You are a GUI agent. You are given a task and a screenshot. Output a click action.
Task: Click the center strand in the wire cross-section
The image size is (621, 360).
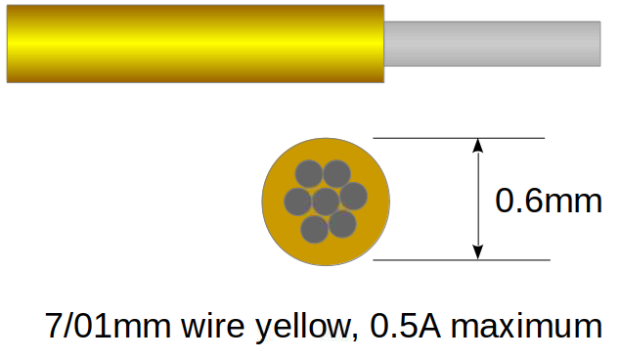pos(326,202)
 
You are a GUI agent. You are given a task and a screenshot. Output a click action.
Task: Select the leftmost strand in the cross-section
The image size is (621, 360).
pos(298,202)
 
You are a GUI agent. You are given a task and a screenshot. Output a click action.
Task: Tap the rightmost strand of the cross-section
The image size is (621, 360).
pos(353,196)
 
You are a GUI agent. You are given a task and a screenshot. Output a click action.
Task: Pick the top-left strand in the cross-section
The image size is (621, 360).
pos(308,173)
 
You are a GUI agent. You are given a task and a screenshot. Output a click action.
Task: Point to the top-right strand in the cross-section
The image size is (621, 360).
pos(337,173)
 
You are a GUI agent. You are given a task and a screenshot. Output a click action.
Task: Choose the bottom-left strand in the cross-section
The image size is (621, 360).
pos(314,229)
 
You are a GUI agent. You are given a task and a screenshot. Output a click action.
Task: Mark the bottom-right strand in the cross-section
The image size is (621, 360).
pos(342,224)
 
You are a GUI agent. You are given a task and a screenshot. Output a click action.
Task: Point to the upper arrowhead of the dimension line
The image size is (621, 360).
pos(478,147)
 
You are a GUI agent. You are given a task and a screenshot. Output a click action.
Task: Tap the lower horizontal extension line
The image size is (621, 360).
pos(460,260)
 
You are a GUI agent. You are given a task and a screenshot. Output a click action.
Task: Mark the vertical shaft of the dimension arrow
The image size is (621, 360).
pos(478,201)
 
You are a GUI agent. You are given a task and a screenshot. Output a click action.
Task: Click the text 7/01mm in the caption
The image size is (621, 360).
pos(108,325)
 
